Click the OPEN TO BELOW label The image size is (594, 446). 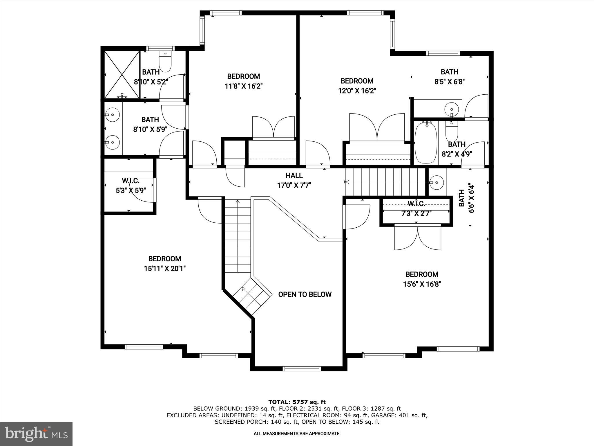coord(305,294)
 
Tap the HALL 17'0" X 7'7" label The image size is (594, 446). coord(294,180)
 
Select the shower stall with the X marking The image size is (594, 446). coord(122,75)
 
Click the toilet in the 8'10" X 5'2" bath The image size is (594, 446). coord(165,62)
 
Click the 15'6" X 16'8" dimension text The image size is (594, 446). coord(422,284)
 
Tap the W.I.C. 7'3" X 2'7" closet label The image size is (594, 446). coord(416,208)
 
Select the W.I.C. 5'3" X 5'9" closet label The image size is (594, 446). coord(131,186)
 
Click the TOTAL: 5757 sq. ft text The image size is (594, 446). coord(297,402)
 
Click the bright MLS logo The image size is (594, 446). coord(36,434)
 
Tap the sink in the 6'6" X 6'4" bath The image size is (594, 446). coord(437,182)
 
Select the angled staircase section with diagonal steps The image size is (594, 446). coord(252,296)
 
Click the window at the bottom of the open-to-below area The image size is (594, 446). coord(302,369)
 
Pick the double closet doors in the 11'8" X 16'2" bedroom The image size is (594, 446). coord(274,127)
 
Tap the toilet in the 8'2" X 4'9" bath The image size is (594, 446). coord(451,132)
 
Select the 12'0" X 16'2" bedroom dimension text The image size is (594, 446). coord(357,91)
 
